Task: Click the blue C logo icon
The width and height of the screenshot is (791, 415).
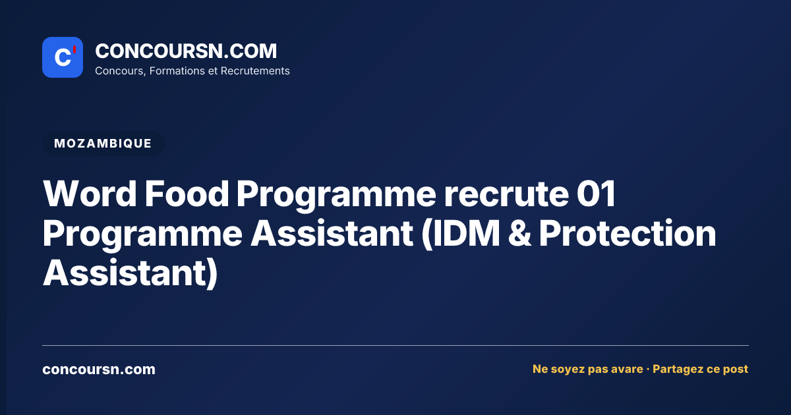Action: [63, 57]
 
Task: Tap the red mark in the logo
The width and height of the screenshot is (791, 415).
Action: [74, 49]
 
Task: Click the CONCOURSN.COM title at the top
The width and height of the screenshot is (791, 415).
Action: [186, 51]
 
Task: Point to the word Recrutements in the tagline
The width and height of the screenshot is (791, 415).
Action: [255, 71]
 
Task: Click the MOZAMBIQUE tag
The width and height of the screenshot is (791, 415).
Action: [103, 144]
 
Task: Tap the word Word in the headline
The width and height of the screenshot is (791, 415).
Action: [90, 194]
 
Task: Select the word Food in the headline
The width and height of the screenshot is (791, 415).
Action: [187, 194]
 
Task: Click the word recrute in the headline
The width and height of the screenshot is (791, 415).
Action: [506, 194]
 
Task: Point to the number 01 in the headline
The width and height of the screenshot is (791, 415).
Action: [597, 194]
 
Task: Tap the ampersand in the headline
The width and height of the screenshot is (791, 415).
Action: [519, 233]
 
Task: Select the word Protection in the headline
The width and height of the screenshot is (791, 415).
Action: [628, 233]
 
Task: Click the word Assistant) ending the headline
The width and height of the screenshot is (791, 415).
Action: [131, 273]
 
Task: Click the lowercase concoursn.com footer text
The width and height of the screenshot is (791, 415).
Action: [99, 370]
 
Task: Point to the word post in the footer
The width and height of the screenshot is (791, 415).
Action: [736, 370]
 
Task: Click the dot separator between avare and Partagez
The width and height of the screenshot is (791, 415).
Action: [648, 370]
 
